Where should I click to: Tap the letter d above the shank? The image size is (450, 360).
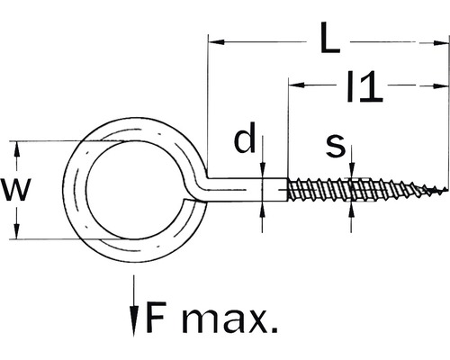(243, 140)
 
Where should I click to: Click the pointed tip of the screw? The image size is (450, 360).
(444, 191)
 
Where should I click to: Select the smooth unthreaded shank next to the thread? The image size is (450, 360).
(270, 191)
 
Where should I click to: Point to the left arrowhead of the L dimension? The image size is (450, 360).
(216, 40)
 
